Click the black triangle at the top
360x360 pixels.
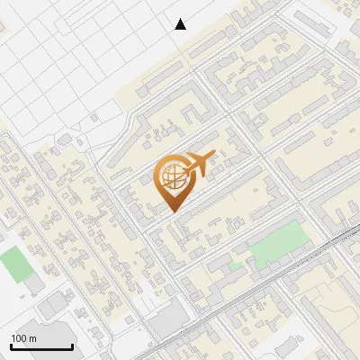[x=181, y=23]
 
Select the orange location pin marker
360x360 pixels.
[x=174, y=181]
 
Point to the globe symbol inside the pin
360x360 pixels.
[x=172, y=176]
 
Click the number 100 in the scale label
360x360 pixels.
[x=20, y=338]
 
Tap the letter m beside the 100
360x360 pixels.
[x=32, y=338]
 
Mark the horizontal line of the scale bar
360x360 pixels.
[x=41, y=347]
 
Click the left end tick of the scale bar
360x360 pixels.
[x=11, y=345]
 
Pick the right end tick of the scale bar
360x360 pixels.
[x=72, y=345]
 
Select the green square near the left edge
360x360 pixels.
[x=13, y=264]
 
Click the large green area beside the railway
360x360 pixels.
[x=280, y=244]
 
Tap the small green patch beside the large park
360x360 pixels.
[x=235, y=266]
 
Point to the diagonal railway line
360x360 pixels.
[x=270, y=279]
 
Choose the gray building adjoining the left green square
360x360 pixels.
[x=31, y=284]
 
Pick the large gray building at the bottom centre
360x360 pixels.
[x=166, y=322]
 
